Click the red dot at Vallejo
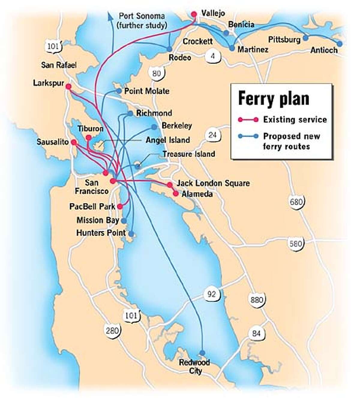[x=194, y=14]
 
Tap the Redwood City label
[x=194, y=367]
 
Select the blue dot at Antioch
[x=339, y=43]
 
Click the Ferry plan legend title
[x=273, y=99]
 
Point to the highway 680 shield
[x=296, y=202]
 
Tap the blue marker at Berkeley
[x=154, y=127]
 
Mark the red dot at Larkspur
[x=68, y=87]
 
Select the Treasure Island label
[x=189, y=154]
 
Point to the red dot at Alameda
[x=176, y=194]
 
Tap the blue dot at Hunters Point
[x=131, y=233]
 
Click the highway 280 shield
[x=112, y=330]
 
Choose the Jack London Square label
[x=213, y=183]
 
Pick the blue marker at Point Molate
[x=119, y=91]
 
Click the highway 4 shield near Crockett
[x=213, y=56]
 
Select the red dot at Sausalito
[x=73, y=143]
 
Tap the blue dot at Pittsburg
[x=305, y=38]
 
